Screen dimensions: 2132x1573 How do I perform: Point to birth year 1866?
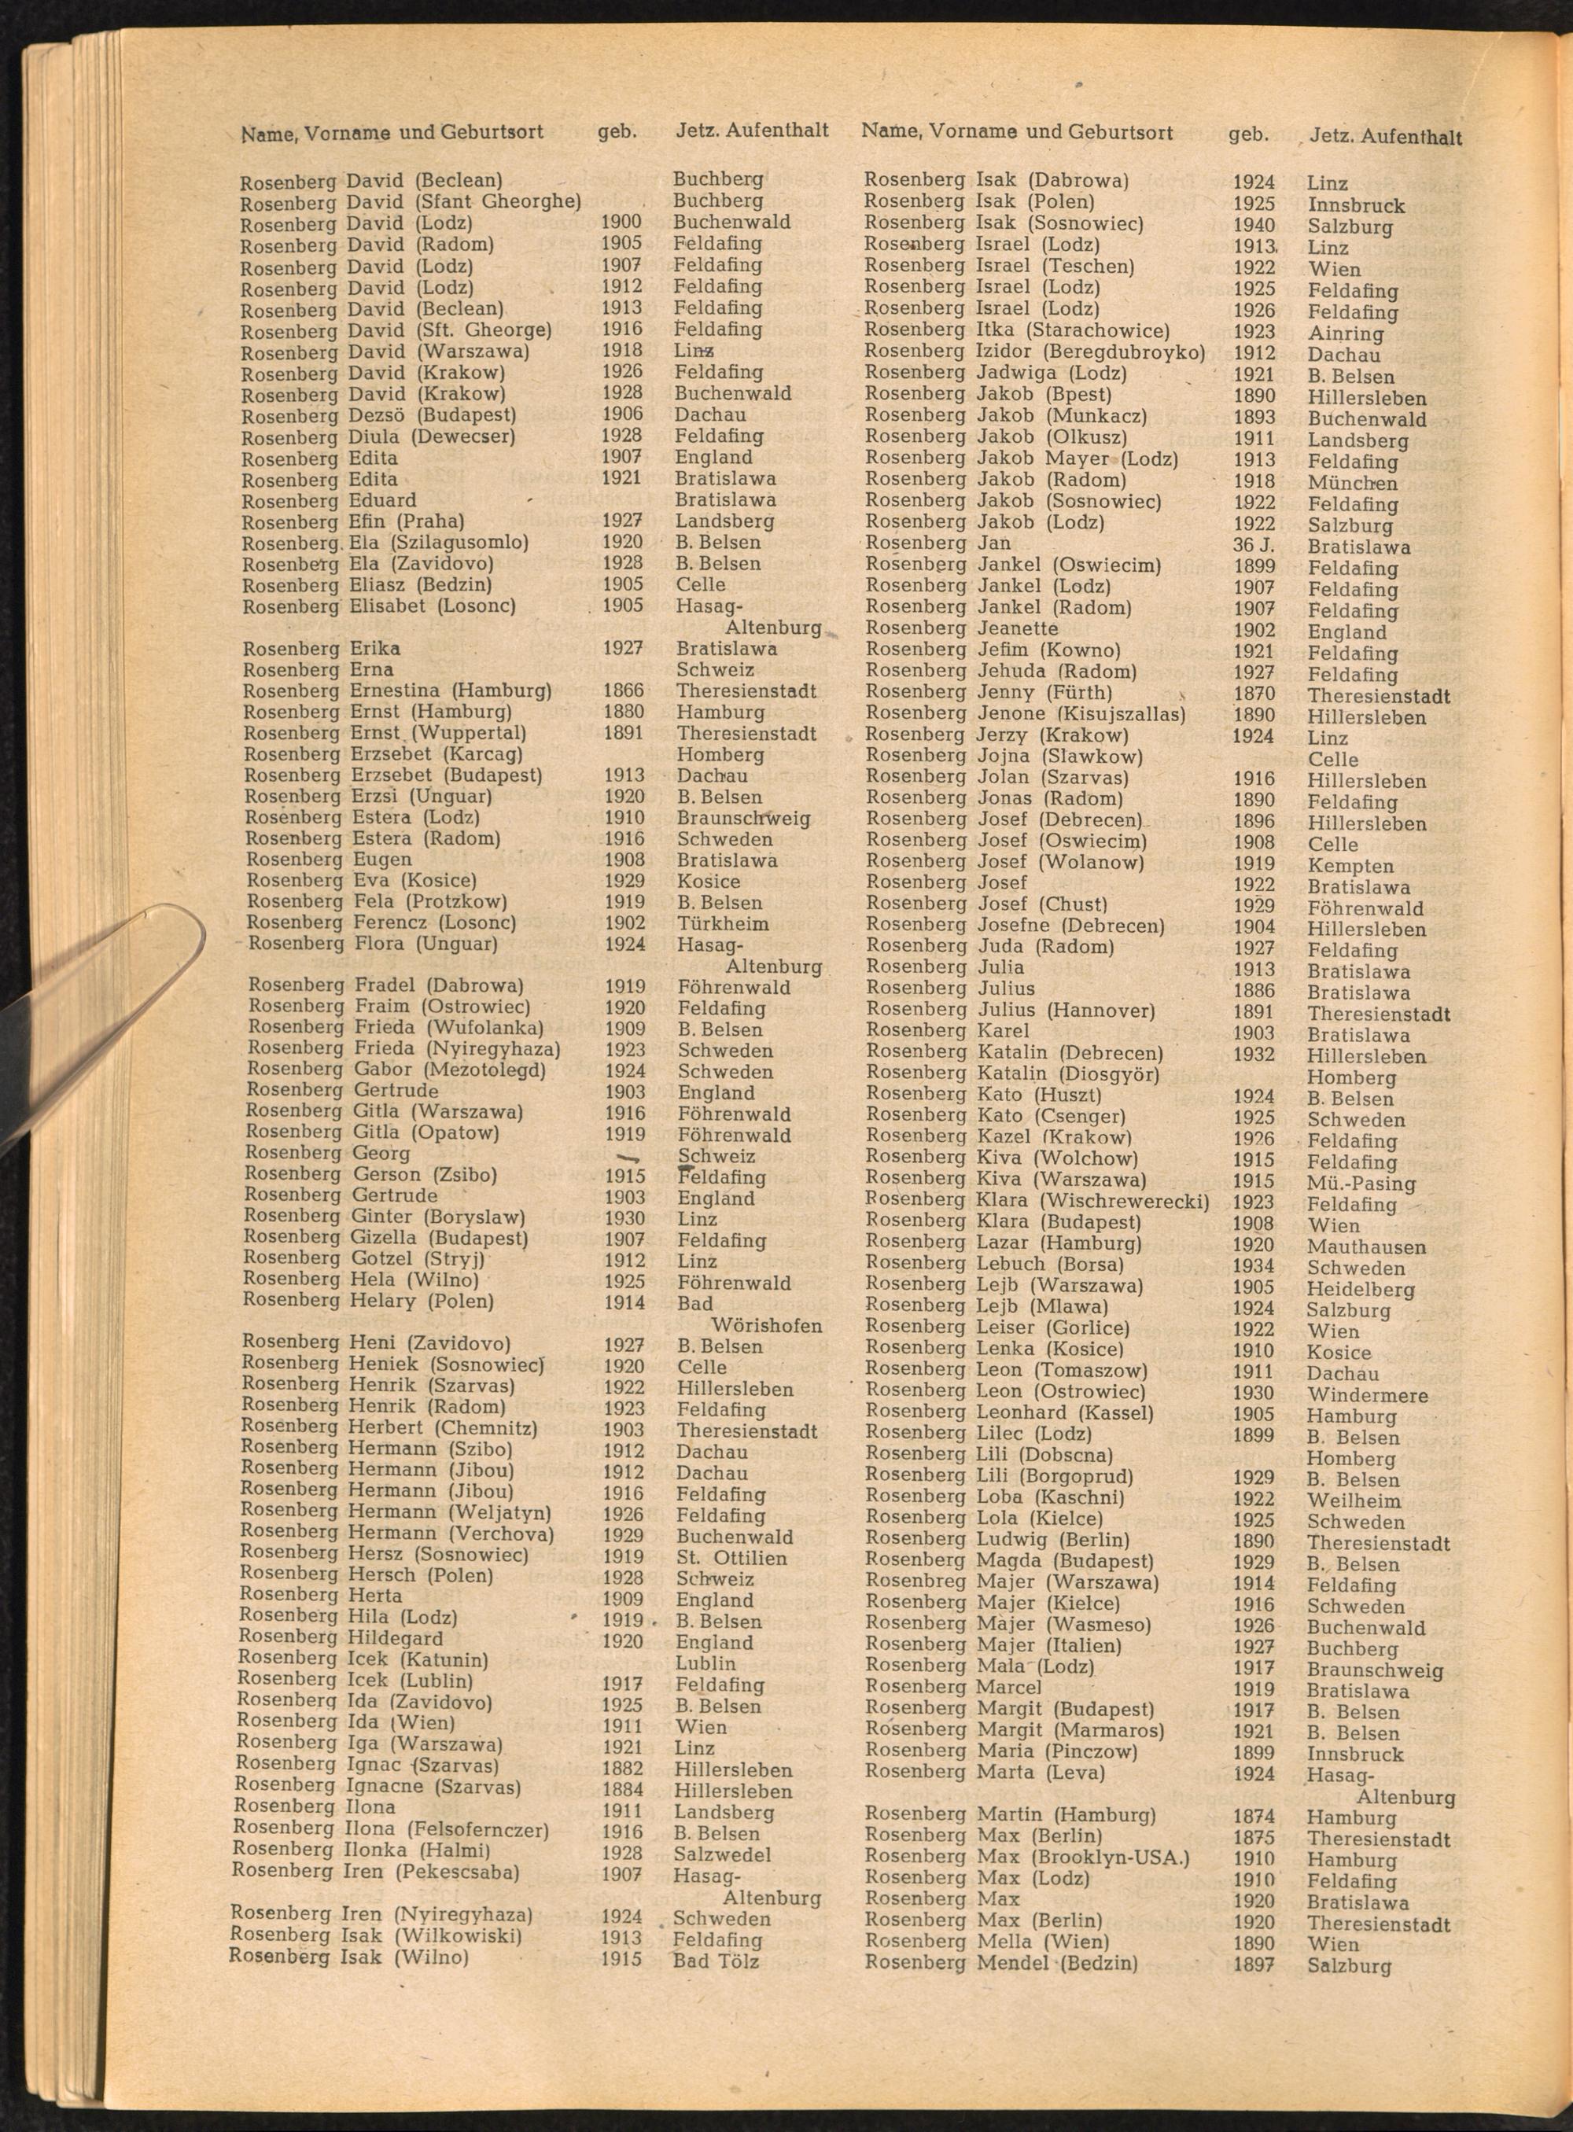coord(624,690)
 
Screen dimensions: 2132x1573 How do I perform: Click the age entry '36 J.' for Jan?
coord(1254,545)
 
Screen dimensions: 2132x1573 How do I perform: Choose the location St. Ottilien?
coord(731,1558)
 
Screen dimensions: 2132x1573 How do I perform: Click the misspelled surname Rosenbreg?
coord(914,1582)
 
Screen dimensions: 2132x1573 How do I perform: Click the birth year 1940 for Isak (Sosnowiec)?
coord(1253,225)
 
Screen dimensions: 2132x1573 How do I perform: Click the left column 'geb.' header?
coord(617,131)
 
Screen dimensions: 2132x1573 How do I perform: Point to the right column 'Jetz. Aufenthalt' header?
coord(1386,136)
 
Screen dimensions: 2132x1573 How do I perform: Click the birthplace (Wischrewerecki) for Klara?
coord(1124,1201)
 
